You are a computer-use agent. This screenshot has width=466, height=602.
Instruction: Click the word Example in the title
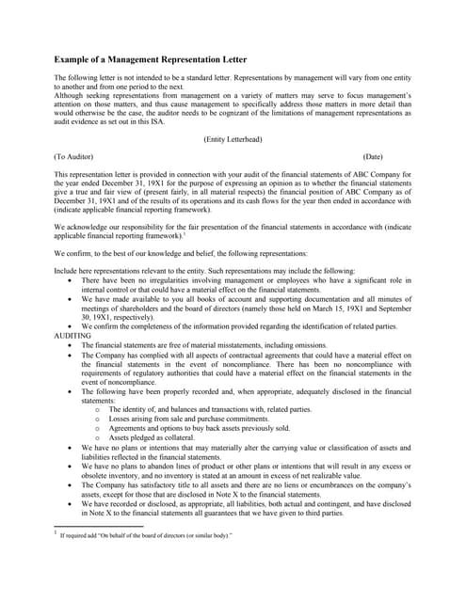click(74, 57)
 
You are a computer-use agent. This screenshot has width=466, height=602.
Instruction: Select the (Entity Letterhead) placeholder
click(233, 139)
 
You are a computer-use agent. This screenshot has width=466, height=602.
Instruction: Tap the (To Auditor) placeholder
click(73, 156)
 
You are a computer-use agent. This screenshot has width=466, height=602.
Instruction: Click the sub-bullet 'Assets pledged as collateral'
click(152, 437)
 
